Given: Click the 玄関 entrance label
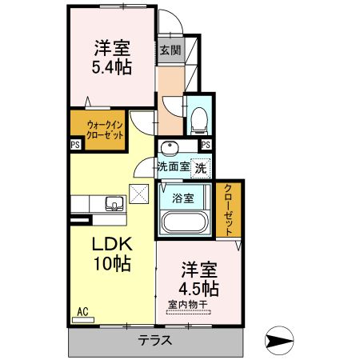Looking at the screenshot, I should point(169,50).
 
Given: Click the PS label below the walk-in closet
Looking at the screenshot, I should point(74,145).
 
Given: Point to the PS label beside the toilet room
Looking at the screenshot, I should point(206,145).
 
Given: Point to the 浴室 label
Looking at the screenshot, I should point(182,198).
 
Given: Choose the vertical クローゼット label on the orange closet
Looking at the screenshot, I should point(228,209).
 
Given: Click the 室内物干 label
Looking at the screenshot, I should point(188,304).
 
